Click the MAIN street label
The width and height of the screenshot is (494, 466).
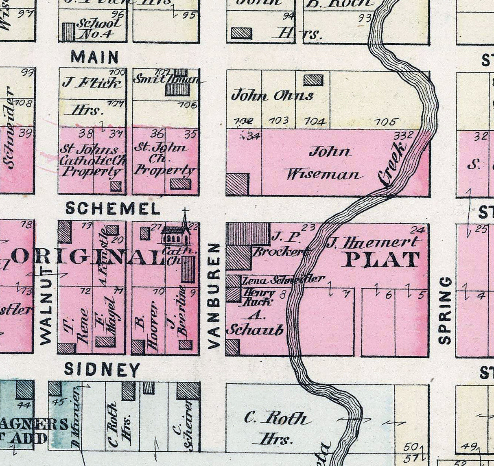tap(95, 57)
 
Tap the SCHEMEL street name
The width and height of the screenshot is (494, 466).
tap(113, 209)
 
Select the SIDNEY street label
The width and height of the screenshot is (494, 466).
tap(102, 370)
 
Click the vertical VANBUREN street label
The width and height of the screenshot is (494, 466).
tap(214, 296)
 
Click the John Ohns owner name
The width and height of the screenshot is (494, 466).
tap(272, 96)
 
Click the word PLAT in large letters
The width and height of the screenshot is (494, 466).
tap(380, 260)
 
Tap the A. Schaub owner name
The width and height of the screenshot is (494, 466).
tap(254, 324)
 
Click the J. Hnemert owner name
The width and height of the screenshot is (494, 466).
tap(372, 243)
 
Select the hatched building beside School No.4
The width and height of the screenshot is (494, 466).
tap(68, 32)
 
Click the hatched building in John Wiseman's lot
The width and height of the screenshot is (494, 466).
tap(237, 184)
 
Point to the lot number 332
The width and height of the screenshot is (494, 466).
tap(403, 135)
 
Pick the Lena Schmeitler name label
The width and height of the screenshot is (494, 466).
tap(284, 280)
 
